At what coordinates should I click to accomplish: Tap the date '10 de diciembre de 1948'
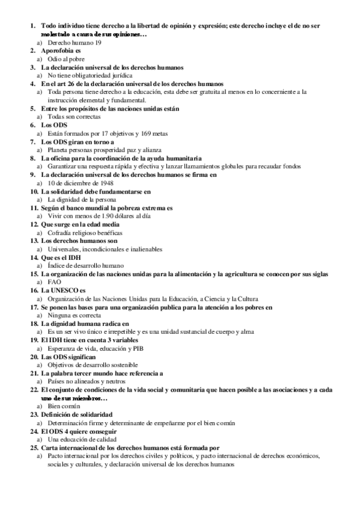pyautogui.click(x=80, y=183)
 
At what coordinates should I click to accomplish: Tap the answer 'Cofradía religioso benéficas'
pyautogui.click(x=85, y=232)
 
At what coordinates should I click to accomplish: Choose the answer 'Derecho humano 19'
pyautogui.click(x=75, y=44)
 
